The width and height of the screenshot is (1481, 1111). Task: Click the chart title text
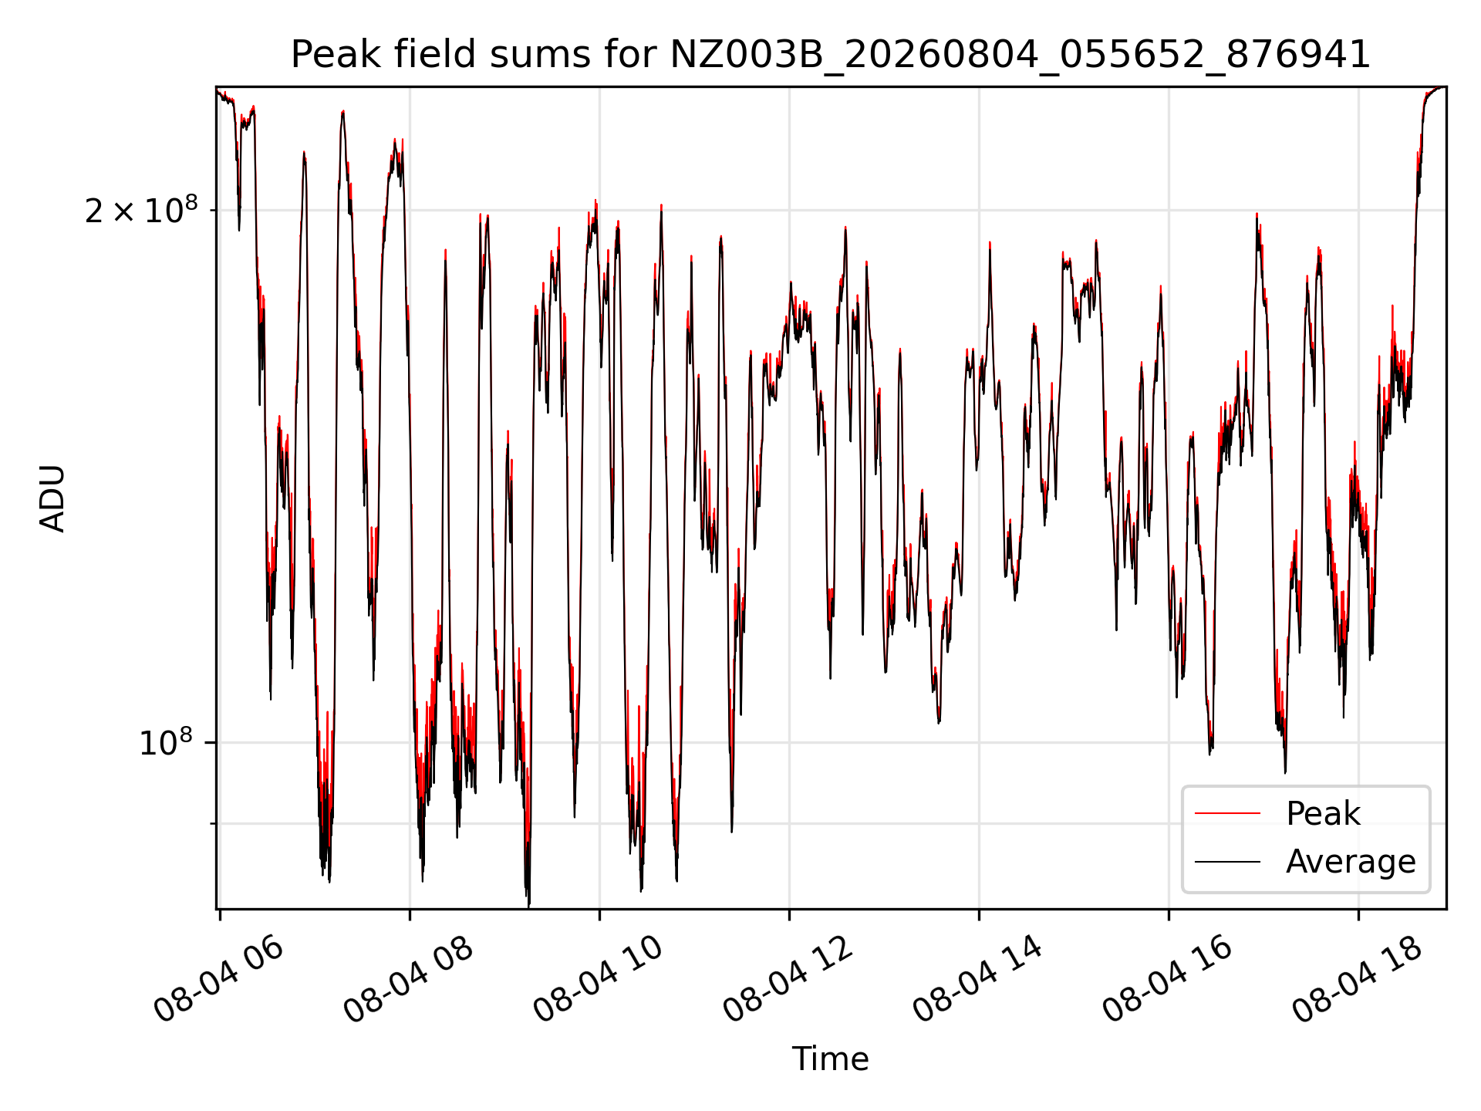831,55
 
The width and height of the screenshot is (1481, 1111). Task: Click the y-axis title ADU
52,498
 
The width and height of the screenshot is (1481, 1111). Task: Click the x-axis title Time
831,1059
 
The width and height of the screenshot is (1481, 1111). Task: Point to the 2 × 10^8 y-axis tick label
141,209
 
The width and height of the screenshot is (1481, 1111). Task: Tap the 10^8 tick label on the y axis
166,742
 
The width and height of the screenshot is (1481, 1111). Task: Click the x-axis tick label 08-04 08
409,980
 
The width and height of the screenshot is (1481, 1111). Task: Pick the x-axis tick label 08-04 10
599,980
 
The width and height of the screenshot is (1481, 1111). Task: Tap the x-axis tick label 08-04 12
788,980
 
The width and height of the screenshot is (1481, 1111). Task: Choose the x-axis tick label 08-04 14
978,980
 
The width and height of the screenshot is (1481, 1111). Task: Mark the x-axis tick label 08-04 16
1168,980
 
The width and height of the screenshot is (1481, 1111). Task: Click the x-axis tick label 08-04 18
1358,980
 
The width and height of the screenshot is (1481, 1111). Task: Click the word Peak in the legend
1323,814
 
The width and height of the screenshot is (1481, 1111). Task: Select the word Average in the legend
1351,862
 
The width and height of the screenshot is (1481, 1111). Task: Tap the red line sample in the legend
1227,814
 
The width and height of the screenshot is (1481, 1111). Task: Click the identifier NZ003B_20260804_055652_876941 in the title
1020,56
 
